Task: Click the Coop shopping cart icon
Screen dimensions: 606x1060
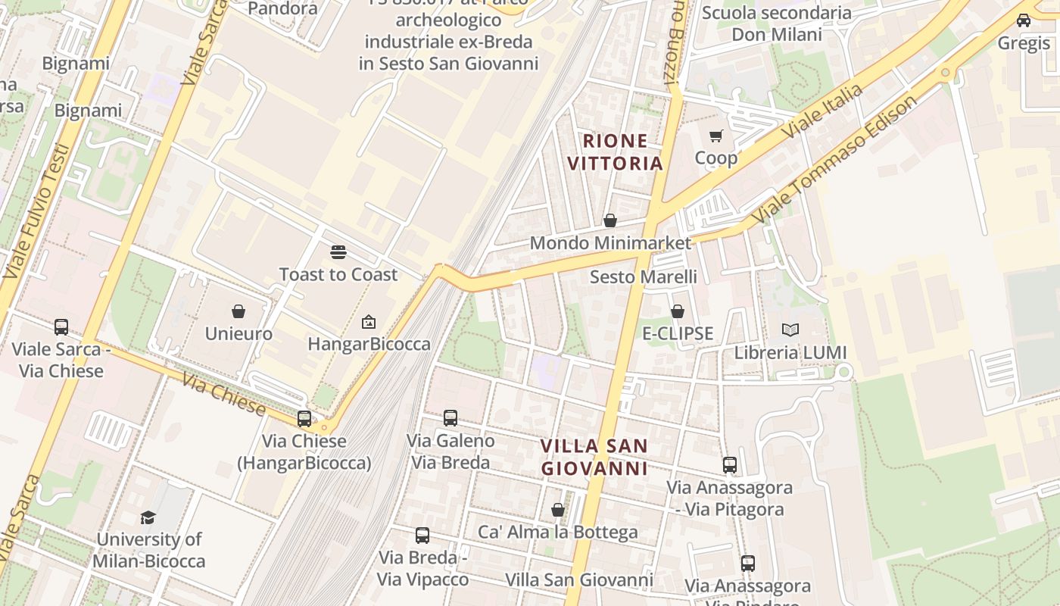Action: coord(715,136)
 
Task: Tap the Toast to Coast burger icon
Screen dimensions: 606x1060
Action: coord(338,252)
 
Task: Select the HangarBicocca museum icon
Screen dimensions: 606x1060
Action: coord(369,322)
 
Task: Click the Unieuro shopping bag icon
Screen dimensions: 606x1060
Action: coord(238,311)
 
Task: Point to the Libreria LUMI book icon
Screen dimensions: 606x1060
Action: coord(790,330)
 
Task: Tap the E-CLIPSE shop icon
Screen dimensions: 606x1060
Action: coord(678,311)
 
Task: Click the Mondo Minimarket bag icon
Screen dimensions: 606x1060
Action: coord(609,220)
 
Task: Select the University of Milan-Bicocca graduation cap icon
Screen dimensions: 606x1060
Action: coord(148,517)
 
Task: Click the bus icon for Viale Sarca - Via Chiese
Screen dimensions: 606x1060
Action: coord(61,327)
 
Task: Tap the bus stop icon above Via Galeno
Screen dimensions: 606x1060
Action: coord(450,418)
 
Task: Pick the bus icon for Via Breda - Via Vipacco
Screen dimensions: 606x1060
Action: coord(422,536)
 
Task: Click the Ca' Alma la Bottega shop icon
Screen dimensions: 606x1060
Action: coord(558,510)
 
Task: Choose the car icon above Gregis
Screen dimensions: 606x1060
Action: coord(1024,20)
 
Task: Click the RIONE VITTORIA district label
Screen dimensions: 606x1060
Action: coord(615,151)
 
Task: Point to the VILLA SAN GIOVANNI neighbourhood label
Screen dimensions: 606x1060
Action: coord(594,457)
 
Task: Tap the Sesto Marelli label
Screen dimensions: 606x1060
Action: coord(643,276)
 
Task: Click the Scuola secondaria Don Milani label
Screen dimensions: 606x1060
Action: coord(776,23)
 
